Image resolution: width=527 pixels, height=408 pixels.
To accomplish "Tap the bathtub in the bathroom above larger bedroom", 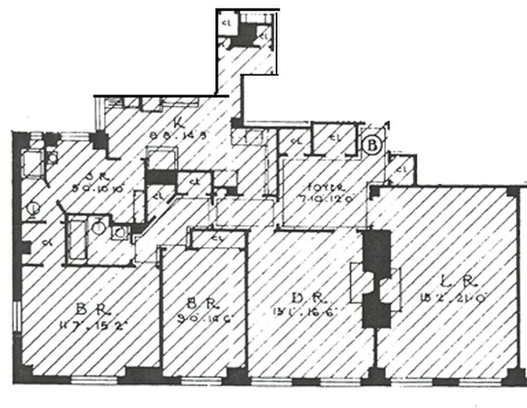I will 76,240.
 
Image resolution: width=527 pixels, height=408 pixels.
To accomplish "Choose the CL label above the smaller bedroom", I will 217,237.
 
